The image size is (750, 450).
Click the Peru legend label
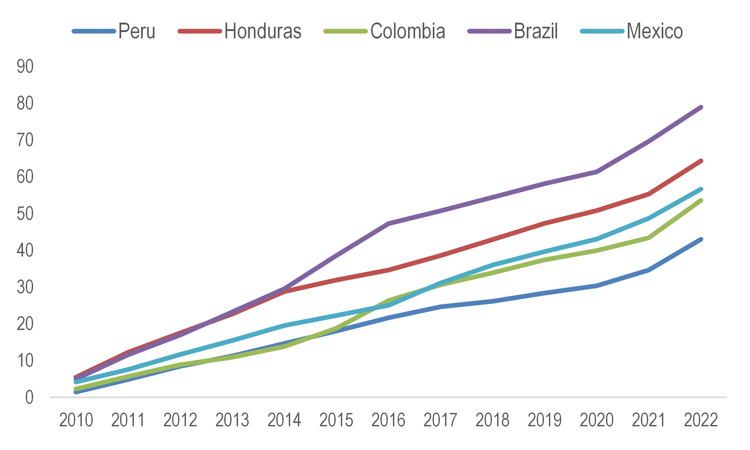(x=137, y=31)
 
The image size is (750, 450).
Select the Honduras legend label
(x=263, y=31)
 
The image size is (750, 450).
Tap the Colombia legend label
(x=408, y=31)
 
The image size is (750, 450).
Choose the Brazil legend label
(x=536, y=31)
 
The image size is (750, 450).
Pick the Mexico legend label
(x=655, y=31)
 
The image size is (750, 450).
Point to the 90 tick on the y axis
(x=25, y=66)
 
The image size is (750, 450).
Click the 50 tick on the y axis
(x=25, y=214)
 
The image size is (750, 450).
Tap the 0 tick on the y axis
(x=29, y=398)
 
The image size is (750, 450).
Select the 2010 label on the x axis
(x=76, y=420)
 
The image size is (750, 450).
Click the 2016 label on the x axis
(x=388, y=420)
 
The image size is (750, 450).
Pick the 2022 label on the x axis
(x=701, y=420)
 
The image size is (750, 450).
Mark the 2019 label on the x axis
(x=545, y=420)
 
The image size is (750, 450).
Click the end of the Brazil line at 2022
(x=701, y=107)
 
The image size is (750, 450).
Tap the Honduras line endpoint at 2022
(x=701, y=161)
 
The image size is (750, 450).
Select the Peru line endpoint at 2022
(x=701, y=240)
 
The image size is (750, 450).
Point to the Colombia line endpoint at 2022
(x=701, y=201)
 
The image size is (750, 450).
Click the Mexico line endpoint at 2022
(x=701, y=189)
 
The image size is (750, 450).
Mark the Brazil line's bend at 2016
(x=388, y=223)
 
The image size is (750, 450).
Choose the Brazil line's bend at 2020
(x=597, y=172)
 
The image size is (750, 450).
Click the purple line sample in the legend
(x=489, y=31)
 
